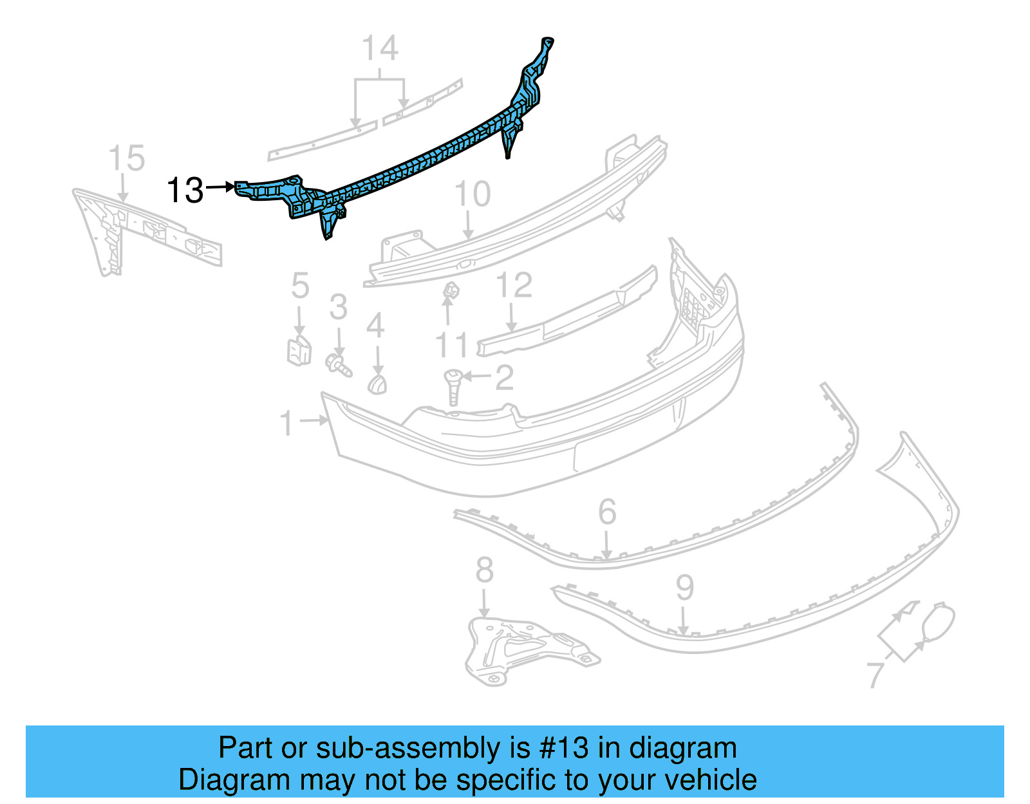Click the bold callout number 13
[185, 191]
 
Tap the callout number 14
[380, 48]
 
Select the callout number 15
[127, 158]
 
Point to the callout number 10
[473, 194]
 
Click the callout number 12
[514, 285]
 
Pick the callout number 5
[300, 286]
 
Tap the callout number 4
[375, 326]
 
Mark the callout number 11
[451, 346]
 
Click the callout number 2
[505, 377]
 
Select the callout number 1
[287, 424]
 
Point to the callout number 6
[607, 512]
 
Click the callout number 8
[485, 570]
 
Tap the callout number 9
[685, 587]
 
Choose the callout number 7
[876, 675]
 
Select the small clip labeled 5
[299, 350]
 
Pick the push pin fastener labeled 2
[453, 386]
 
